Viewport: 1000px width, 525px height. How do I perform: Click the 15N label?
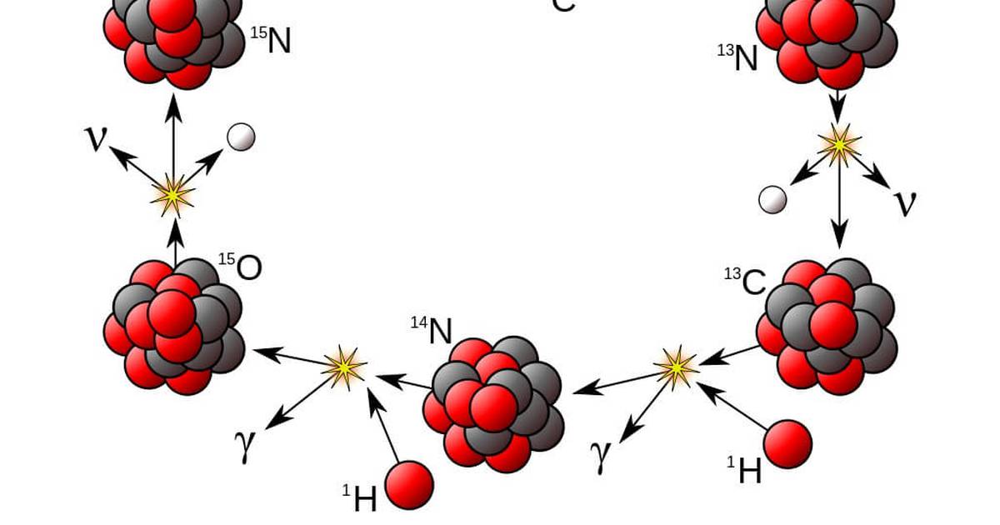point(271,39)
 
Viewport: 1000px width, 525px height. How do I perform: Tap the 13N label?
point(737,57)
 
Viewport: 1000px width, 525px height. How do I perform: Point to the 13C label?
point(744,282)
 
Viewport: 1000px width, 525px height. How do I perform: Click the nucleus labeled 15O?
point(174,326)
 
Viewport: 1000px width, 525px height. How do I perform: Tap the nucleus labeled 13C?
point(830,326)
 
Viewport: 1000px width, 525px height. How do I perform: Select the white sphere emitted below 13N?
point(772,199)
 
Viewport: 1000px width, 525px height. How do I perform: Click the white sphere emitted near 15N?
point(241,137)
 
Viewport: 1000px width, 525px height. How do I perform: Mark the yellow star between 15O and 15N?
point(172,196)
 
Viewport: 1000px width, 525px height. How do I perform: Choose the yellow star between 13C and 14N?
point(676,367)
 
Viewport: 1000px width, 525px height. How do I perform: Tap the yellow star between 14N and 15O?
point(342,367)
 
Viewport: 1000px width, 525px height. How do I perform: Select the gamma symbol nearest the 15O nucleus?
point(247,435)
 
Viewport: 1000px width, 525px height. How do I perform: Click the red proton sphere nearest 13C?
point(787,444)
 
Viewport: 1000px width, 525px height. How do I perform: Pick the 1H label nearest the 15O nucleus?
point(359,499)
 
